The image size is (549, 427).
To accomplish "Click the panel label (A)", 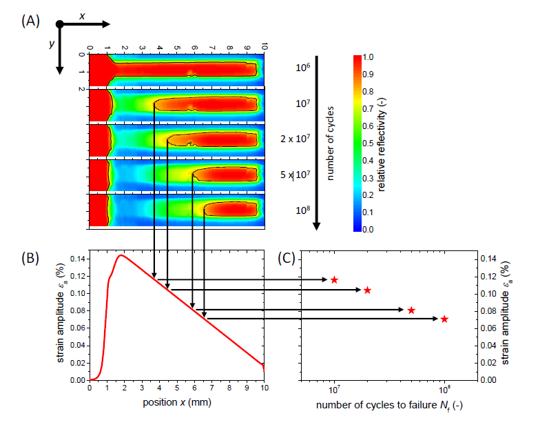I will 30,20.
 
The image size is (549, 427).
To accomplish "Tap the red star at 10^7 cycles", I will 334,279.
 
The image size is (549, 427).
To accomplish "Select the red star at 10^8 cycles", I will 444,319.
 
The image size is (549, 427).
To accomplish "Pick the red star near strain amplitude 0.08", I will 411,310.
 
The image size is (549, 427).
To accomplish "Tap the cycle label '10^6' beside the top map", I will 304,68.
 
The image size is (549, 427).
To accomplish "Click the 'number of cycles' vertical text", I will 329,143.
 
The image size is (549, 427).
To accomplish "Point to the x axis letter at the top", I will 82,15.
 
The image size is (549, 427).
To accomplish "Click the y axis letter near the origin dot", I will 51,44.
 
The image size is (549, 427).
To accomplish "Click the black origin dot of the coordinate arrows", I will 60,24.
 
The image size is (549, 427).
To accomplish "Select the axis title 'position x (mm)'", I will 177,402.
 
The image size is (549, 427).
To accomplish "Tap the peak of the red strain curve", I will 121,255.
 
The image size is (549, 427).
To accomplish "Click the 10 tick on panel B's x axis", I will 265,388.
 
